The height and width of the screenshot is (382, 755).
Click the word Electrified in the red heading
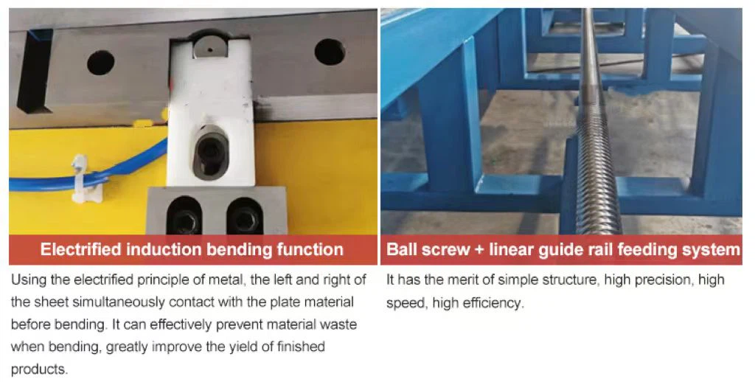(x=80, y=249)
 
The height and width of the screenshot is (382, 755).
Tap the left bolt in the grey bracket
(x=185, y=218)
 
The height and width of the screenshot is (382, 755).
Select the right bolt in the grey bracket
(x=244, y=218)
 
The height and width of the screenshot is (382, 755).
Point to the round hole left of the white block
(x=100, y=63)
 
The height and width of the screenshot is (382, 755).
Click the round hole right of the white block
(x=330, y=52)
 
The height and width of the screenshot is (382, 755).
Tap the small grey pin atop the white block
(x=210, y=48)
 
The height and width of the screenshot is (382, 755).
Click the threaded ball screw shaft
(x=594, y=120)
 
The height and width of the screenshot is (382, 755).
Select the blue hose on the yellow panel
(x=87, y=174)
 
